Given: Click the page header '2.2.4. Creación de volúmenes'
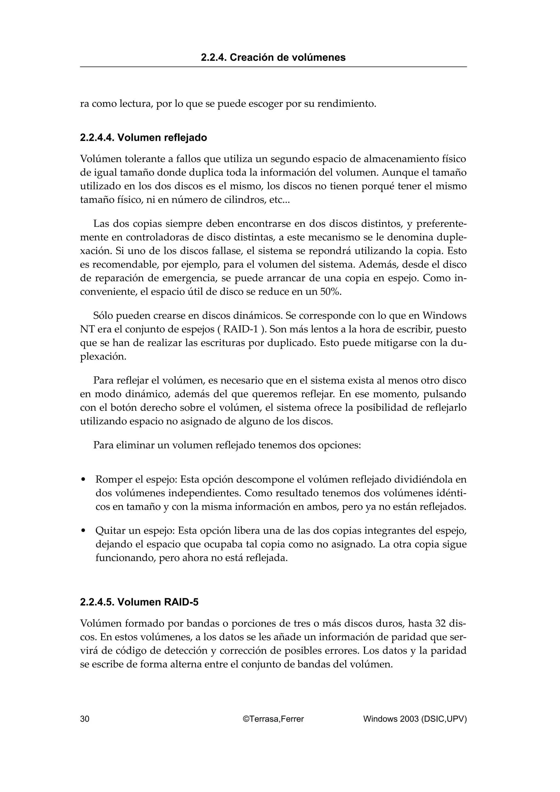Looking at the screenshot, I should point(273,57).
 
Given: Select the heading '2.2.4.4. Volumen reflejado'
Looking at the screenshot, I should point(143,138).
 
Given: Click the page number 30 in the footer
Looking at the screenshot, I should point(84,719).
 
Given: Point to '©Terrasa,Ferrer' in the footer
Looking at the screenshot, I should point(273,719).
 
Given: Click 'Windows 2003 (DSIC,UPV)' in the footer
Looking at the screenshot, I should point(415,719).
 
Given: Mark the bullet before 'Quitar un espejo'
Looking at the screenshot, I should point(83,531).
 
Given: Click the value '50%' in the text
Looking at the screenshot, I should point(331,292).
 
